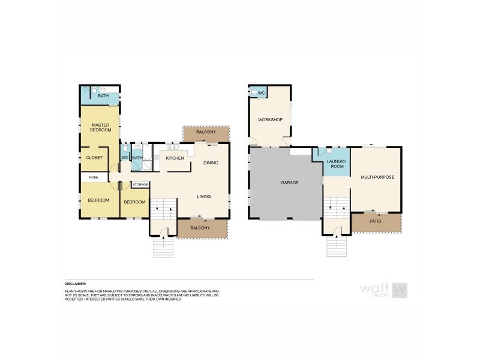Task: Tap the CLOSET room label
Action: [x=95, y=158]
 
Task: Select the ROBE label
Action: [x=94, y=177]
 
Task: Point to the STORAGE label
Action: [x=140, y=184]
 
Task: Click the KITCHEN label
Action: [x=175, y=158]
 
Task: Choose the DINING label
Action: [x=211, y=163]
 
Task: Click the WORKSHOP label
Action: [x=270, y=120]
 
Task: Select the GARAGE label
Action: [x=289, y=182]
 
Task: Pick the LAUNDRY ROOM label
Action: [x=337, y=164]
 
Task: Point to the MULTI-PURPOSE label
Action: [x=377, y=178]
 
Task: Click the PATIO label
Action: [x=376, y=221]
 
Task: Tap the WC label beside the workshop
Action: [x=262, y=92]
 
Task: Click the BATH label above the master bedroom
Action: [x=103, y=95]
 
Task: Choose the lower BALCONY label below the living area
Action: [x=200, y=228]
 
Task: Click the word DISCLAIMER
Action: [x=76, y=283]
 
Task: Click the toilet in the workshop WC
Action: [x=254, y=92]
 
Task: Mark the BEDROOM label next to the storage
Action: [x=134, y=202]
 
